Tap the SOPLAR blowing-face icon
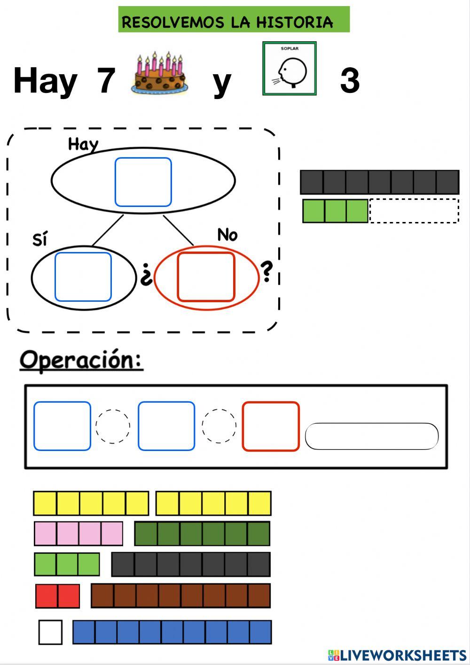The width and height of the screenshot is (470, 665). [290, 69]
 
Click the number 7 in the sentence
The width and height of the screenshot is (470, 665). [106, 81]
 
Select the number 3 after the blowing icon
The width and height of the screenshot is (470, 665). [350, 81]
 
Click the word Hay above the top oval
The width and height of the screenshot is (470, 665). [83, 144]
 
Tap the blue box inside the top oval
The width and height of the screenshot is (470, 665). [143, 182]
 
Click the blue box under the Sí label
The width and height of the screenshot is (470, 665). [83, 277]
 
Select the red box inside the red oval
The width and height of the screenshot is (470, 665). [206, 277]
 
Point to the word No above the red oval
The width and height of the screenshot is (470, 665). [227, 235]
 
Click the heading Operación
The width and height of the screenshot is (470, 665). [81, 360]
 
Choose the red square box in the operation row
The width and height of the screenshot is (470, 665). [271, 426]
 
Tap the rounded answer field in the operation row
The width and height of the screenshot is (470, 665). [371, 436]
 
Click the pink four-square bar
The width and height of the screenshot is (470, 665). [78, 534]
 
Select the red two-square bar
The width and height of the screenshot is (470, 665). [57, 596]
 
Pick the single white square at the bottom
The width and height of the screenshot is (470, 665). [50, 632]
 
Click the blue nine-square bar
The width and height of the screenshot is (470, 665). [172, 632]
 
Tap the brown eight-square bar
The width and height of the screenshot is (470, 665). [180, 596]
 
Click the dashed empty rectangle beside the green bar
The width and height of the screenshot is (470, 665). [414, 211]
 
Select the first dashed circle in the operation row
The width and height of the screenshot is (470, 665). [113, 426]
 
